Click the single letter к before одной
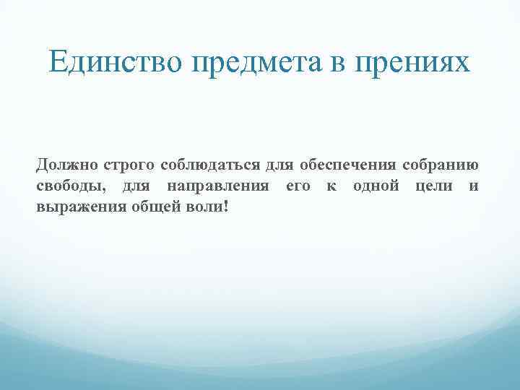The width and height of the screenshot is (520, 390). point(331,187)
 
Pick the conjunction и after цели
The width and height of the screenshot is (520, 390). point(473,187)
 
